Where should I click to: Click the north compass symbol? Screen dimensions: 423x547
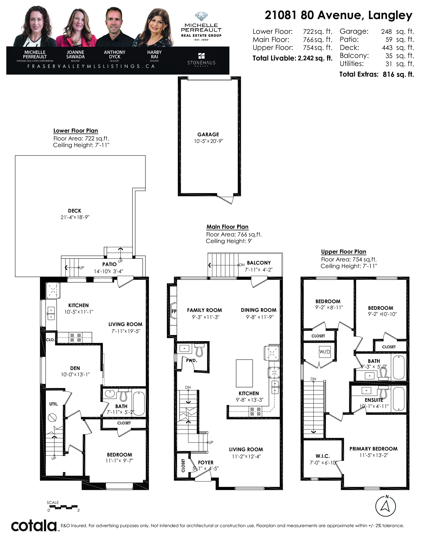pos(385,506)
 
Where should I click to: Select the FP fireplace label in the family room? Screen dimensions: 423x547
pos(174,311)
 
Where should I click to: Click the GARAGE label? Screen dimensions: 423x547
pos(208,134)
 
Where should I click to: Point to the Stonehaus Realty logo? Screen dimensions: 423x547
pos(201,60)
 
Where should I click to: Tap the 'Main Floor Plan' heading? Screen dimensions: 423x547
pos(227,227)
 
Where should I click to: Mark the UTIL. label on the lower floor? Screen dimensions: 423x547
pos(54,404)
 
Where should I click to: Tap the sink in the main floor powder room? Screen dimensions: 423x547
pos(184,348)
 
